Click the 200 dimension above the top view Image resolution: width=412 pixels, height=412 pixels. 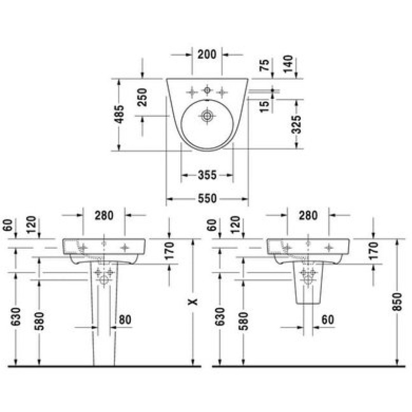point(207,55)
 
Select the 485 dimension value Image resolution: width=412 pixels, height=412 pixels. point(119,114)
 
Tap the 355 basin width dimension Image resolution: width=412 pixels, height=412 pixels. point(208,175)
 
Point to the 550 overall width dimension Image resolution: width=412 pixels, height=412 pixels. point(208,199)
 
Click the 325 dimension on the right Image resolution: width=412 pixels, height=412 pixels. point(297,124)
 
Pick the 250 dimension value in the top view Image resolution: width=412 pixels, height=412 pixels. point(143,97)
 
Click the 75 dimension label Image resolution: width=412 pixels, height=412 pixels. point(265,65)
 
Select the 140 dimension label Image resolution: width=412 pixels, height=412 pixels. point(288,64)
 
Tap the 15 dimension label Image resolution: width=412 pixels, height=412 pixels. point(265,107)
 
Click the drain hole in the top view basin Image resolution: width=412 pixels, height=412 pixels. point(207,115)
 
